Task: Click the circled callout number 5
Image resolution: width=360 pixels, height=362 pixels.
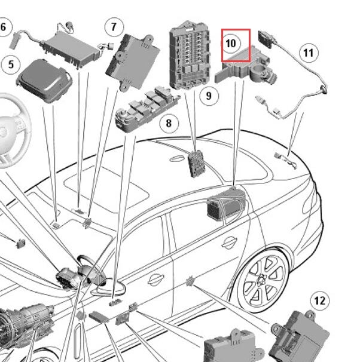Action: pos(11,65)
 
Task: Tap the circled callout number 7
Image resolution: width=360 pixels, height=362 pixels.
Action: pos(114,27)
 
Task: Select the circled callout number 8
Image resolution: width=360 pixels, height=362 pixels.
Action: pos(169,123)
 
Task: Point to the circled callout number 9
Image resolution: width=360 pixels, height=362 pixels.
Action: pos(209,96)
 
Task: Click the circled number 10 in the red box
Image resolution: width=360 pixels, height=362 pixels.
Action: pos(231,44)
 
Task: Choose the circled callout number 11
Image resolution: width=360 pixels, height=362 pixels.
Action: pos(309,53)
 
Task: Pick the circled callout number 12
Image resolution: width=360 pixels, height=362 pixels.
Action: pos(320,300)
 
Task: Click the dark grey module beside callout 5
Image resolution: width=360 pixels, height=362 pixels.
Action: pos(44,81)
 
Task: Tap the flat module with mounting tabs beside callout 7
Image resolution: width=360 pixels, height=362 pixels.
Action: pos(133,62)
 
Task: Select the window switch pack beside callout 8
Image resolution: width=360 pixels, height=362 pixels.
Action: pos(148,109)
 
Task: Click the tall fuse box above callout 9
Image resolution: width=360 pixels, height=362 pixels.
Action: pos(190,55)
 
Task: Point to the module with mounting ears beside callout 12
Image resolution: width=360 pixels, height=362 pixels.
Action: pos(300,337)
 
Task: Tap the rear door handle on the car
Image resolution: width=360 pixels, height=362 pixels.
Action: pos(228,243)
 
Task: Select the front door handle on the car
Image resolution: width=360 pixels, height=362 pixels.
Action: pos(156,280)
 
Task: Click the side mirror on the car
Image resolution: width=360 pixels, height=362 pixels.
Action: pos(109,289)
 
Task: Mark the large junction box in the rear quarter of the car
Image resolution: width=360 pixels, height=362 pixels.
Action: pos(227,204)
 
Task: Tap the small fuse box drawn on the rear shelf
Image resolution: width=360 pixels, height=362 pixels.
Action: pos(196,164)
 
